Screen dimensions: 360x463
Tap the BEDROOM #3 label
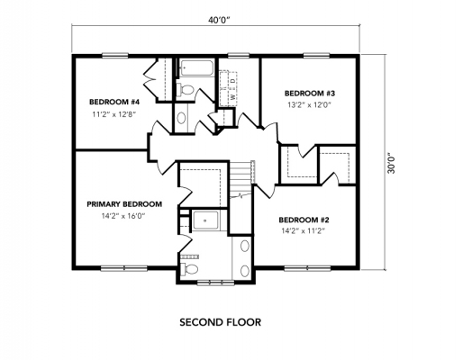pyautogui.click(x=309, y=93)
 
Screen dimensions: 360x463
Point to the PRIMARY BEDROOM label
pyautogui.click(x=123, y=204)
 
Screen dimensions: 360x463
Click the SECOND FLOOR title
pyautogui.click(x=220, y=320)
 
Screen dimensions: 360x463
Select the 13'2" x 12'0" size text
pyautogui.click(x=309, y=105)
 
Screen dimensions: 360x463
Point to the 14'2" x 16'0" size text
pyautogui.click(x=123, y=216)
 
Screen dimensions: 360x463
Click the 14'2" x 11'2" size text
pyautogui.click(x=303, y=231)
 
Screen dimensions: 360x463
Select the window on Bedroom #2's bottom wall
pyautogui.click(x=304, y=268)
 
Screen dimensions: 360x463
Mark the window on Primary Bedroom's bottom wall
pyautogui.click(x=118, y=268)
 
